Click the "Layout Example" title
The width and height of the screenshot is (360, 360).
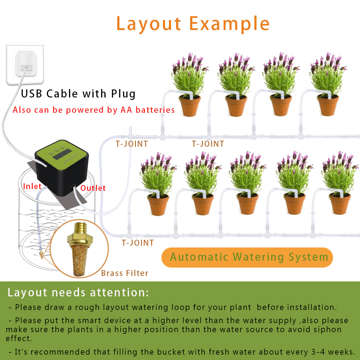pyautogui.click(x=193, y=24)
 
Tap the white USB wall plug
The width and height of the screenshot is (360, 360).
pyautogui.click(x=25, y=65)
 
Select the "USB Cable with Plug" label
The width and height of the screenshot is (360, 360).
pyautogui.click(x=78, y=94)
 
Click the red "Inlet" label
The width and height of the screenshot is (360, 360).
pyautogui.click(x=32, y=186)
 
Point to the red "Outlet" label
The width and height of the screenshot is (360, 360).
pyautogui.click(x=93, y=188)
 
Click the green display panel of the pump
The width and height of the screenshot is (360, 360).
pyautogui.click(x=62, y=154)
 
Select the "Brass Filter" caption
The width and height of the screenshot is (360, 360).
pyautogui.click(x=125, y=273)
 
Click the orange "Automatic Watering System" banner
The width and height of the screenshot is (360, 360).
pyautogui.click(x=247, y=257)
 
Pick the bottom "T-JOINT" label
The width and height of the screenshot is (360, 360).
pyautogui.click(x=138, y=243)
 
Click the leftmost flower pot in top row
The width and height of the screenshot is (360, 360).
pyautogui.click(x=190, y=106)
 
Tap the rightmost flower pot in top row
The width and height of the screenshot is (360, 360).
pyautogui.click(x=328, y=106)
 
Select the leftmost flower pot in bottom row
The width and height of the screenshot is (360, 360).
pyautogui.click(x=158, y=205)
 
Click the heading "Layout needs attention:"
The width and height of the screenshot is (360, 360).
pyautogui.click(x=78, y=292)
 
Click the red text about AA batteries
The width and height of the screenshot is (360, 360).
pyautogui.click(x=94, y=110)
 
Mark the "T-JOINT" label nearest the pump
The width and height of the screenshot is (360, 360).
pyautogui.click(x=132, y=144)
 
